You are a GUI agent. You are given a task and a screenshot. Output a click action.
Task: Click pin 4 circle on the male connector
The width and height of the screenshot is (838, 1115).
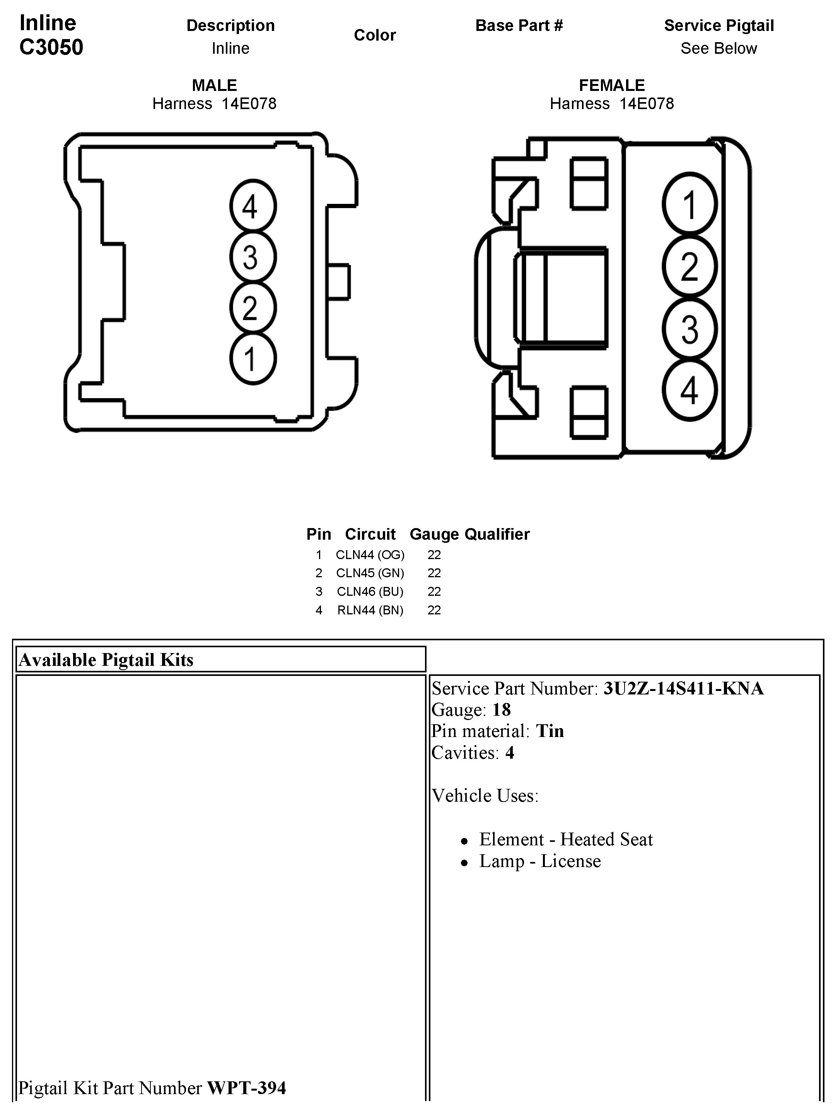pos(253,207)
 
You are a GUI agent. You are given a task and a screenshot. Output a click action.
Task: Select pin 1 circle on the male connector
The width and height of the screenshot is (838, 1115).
pos(253,358)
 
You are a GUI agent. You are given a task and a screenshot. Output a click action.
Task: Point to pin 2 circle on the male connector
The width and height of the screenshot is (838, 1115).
pos(253,308)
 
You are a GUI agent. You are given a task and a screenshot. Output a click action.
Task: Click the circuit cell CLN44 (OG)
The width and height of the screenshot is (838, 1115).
pos(370,555)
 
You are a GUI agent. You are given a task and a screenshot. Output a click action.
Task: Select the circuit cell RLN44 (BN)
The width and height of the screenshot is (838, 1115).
pos(370,611)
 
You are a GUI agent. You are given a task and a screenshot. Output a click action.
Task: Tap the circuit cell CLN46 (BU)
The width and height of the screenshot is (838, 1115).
pos(370,592)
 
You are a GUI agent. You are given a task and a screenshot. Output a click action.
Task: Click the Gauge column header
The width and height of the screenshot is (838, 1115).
pos(434,534)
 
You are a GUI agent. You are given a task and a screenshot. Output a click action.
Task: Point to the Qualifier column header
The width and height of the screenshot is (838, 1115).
pos(497,534)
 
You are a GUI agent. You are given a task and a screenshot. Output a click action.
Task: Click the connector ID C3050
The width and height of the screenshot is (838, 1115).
pos(51,47)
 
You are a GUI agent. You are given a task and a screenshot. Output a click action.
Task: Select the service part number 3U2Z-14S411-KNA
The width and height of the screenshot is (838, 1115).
pos(683,689)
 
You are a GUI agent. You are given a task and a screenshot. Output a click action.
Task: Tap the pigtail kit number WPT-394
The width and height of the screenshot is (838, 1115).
pos(246,1088)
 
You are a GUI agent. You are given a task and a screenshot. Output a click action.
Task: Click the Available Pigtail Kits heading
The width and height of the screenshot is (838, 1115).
pos(106,660)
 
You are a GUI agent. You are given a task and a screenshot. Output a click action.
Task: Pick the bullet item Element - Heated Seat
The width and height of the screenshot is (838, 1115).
pos(565,839)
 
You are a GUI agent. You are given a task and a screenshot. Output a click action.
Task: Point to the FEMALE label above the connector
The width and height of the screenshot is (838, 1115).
pos(612,85)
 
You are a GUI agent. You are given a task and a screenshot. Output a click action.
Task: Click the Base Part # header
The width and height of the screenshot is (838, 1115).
pos(519,26)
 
